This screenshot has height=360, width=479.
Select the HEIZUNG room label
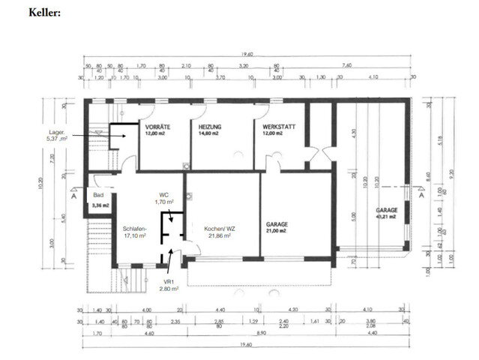[x=212, y=127]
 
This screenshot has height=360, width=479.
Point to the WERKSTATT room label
[x=279, y=127]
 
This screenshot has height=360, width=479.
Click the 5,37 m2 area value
[x=57, y=139]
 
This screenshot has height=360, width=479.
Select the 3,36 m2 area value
[x=100, y=204]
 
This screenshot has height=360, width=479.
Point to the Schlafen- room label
[x=134, y=228]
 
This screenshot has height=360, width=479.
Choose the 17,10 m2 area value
[x=134, y=235]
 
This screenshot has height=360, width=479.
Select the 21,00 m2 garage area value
[x=279, y=231]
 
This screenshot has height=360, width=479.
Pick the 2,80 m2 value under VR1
[x=169, y=288]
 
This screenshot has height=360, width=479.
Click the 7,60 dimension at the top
[x=346, y=65]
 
